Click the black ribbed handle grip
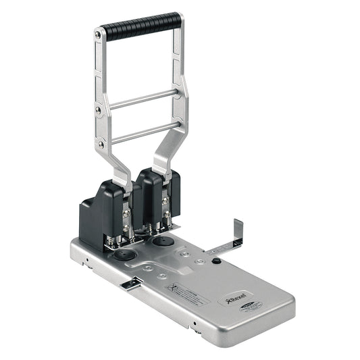click(x=143, y=26)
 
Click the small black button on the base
click(x=216, y=260)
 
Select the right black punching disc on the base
click(x=163, y=240)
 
